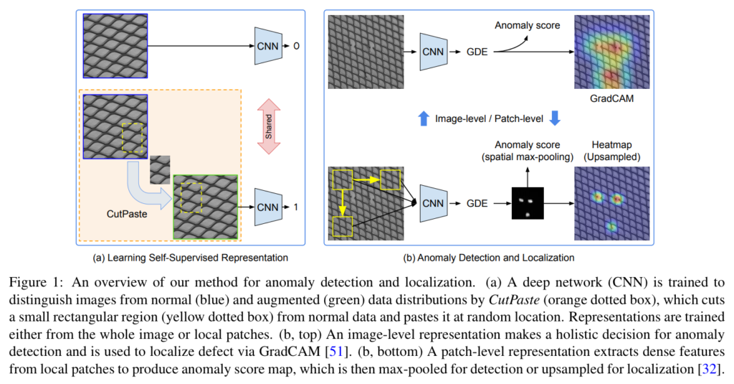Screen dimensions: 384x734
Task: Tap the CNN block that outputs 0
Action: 267,45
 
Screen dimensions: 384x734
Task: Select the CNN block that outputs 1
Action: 267,207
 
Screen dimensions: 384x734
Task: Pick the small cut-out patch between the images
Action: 160,170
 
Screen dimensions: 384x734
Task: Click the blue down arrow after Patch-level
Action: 554,119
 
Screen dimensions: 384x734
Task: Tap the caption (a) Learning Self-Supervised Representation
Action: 191,256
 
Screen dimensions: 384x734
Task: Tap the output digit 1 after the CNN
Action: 294,207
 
